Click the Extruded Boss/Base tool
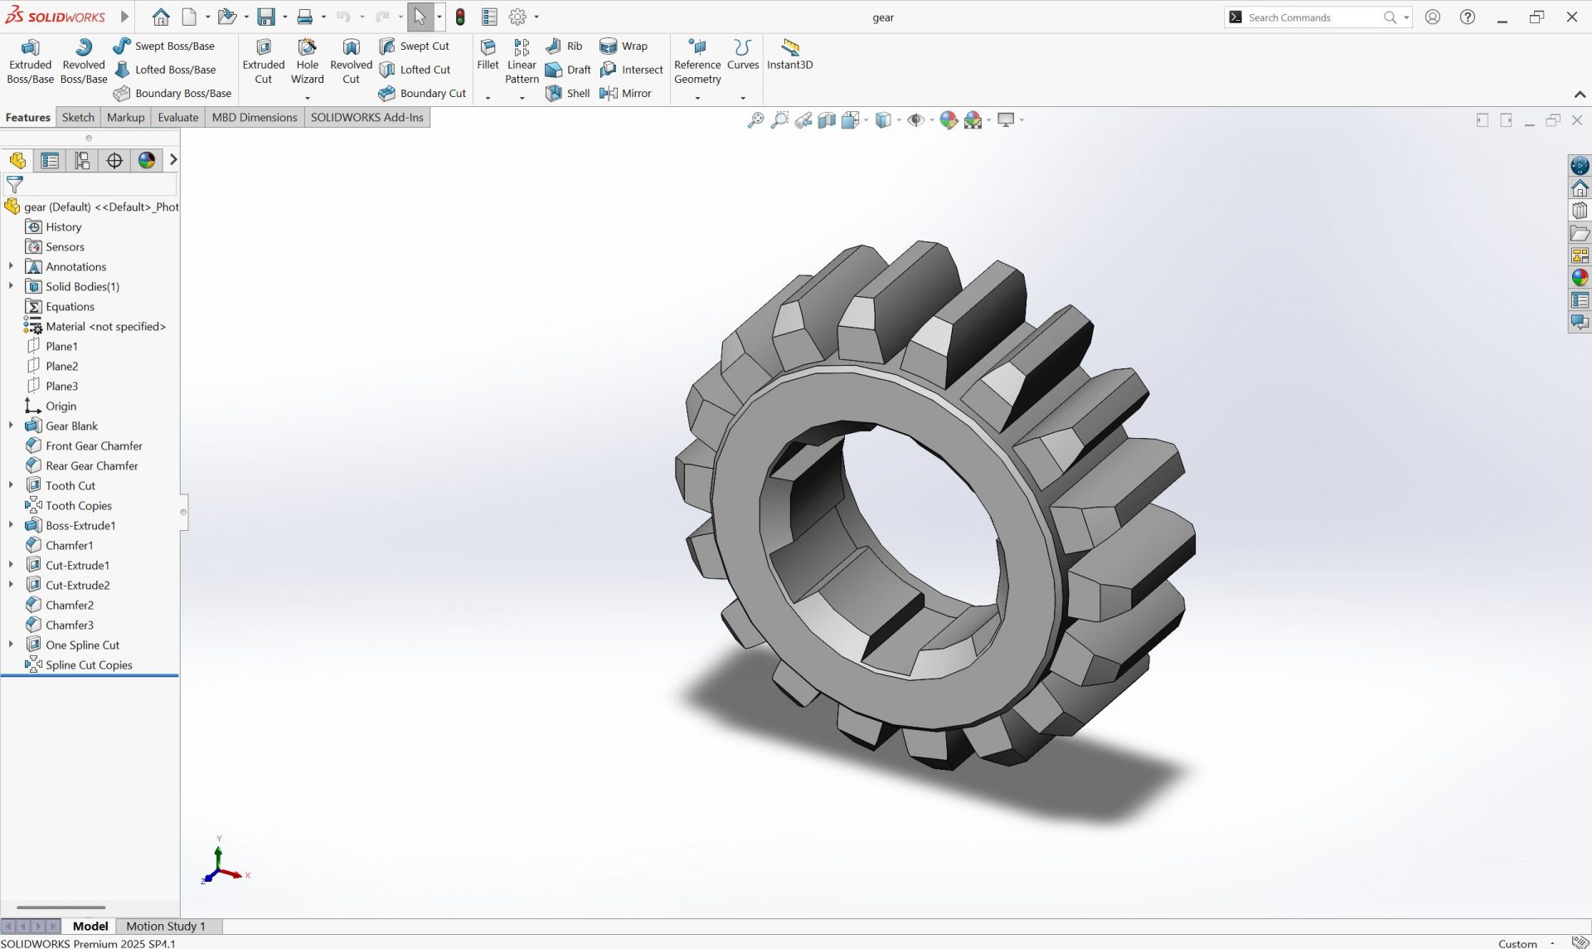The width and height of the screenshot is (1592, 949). [x=30, y=61]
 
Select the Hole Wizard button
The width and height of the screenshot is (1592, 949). [x=307, y=61]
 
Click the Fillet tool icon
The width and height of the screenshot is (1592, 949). [x=488, y=53]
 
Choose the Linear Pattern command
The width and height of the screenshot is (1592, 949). [x=522, y=61]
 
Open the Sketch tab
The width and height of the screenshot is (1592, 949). [x=78, y=117]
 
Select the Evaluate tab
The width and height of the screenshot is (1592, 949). [x=178, y=117]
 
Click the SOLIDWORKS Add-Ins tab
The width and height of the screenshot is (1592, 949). [x=366, y=117]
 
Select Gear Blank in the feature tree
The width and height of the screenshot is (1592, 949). [x=71, y=426]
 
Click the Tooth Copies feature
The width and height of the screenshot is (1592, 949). [x=78, y=505]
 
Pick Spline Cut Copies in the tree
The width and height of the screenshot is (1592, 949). [x=89, y=664]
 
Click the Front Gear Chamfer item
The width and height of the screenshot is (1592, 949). [x=94, y=445]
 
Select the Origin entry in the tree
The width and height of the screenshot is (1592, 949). [x=61, y=406]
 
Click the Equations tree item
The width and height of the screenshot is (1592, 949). [x=70, y=306]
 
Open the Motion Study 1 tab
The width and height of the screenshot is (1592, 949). [x=165, y=926]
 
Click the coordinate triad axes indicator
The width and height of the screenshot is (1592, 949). [x=220, y=867]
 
